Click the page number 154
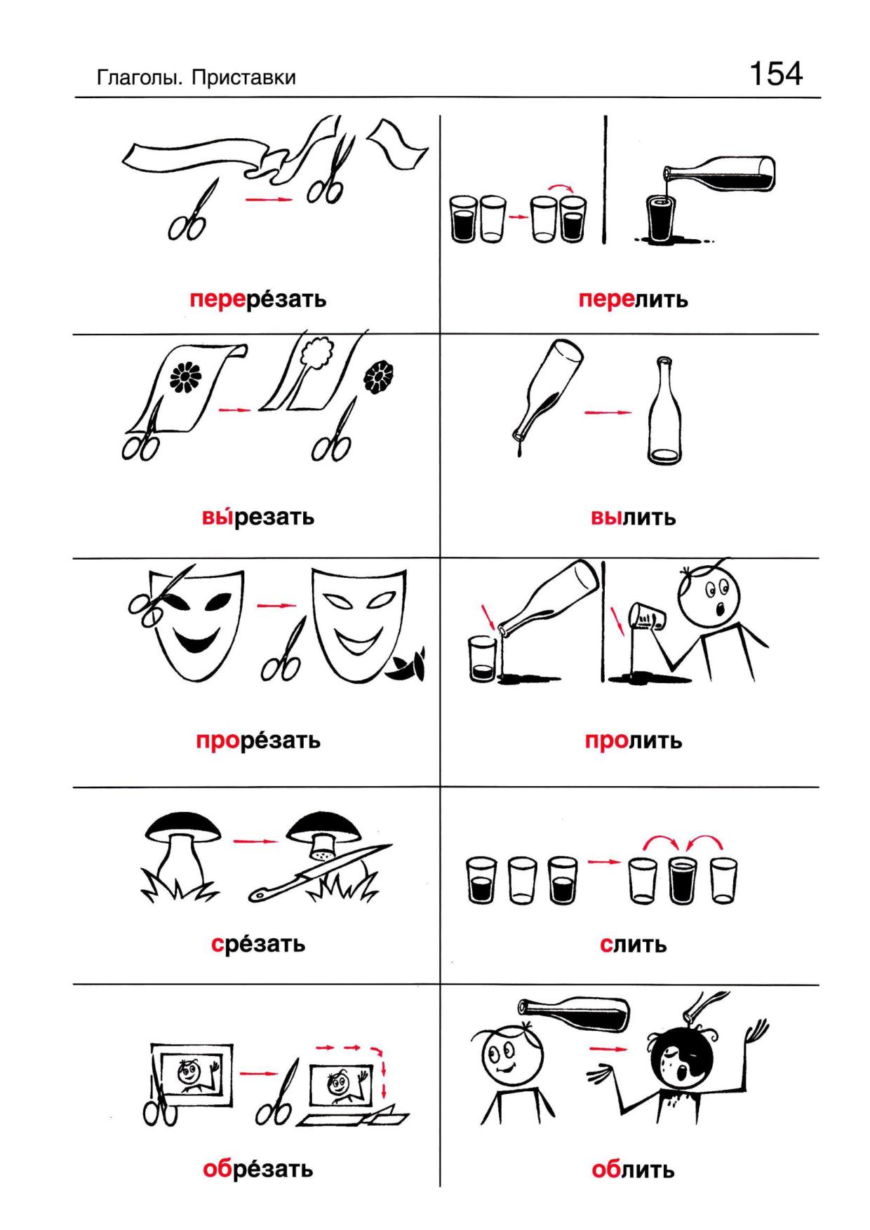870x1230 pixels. pyautogui.click(x=776, y=74)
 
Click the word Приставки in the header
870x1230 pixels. pyautogui.click(x=243, y=78)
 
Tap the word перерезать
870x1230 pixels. pyautogui.click(x=257, y=299)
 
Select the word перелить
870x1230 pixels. pyautogui.click(x=633, y=299)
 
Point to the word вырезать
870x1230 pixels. pyautogui.click(x=257, y=517)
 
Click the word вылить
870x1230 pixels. pyautogui.click(x=633, y=518)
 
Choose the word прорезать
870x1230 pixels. pyautogui.click(x=257, y=740)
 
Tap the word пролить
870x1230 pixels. pyautogui.click(x=633, y=741)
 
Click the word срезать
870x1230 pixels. pyautogui.click(x=257, y=943)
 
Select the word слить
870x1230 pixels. pyautogui.click(x=633, y=944)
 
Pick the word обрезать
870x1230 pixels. pyautogui.click(x=257, y=1169)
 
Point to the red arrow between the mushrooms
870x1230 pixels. pyautogui.click(x=255, y=840)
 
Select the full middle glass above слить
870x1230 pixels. pyautogui.click(x=678, y=880)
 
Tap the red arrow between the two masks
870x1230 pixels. pyautogui.click(x=276, y=604)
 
